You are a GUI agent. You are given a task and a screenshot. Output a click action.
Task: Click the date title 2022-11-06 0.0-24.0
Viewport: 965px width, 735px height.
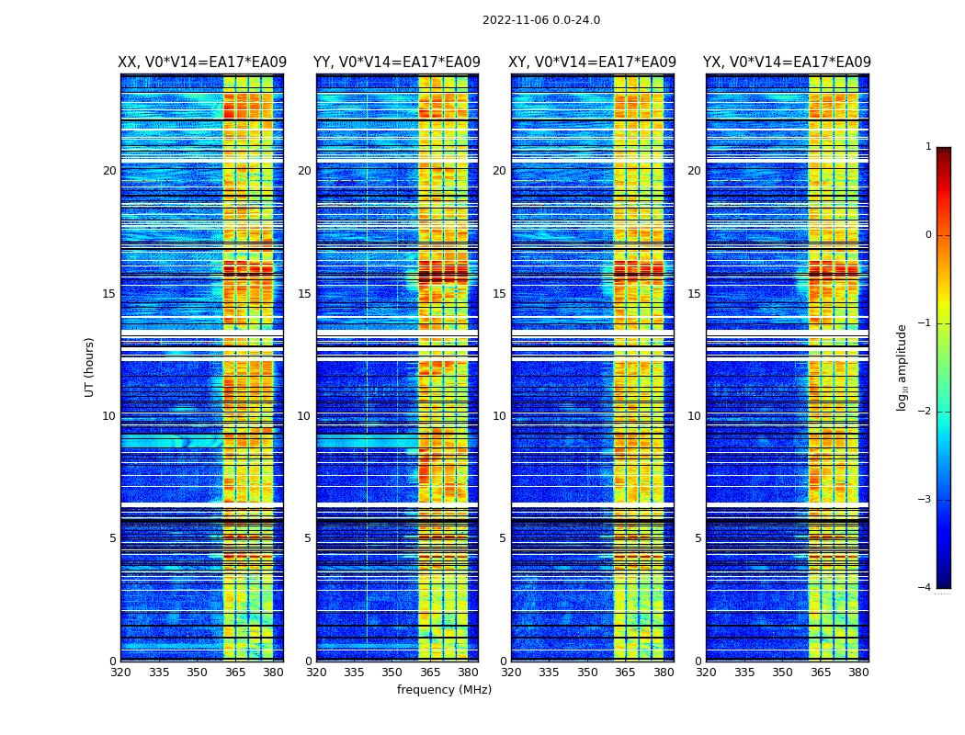pos(541,20)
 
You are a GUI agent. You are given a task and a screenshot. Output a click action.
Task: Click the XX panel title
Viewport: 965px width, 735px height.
pos(202,62)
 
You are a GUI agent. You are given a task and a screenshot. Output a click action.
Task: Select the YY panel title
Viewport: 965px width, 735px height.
pos(397,62)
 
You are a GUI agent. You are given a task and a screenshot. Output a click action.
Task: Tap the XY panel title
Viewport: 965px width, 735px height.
pos(592,62)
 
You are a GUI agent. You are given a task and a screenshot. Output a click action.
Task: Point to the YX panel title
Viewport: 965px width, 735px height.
pos(787,62)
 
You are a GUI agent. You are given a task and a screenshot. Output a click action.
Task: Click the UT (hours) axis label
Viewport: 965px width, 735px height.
pos(90,367)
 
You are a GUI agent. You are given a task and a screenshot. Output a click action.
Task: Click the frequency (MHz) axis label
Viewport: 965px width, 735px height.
pos(444,690)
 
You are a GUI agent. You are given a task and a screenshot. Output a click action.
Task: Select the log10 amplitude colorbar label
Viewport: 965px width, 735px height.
pos(903,367)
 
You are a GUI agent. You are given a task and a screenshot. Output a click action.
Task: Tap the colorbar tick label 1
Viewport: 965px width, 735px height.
pos(928,147)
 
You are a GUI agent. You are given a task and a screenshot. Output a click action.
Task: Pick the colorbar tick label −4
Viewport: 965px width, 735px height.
pos(925,588)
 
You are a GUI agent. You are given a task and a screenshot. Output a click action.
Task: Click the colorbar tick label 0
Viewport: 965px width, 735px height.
pos(928,235)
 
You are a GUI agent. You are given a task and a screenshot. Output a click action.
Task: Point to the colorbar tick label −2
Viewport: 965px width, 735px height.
pos(925,412)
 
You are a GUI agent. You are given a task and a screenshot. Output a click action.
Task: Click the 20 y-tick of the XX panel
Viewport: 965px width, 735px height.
pos(109,171)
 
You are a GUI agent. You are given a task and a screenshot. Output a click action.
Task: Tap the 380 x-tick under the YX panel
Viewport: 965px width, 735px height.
pos(858,673)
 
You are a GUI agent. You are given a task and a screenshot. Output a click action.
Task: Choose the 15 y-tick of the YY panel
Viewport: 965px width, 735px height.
pos(304,294)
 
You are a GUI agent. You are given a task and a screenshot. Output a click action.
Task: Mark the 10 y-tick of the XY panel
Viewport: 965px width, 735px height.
pos(499,416)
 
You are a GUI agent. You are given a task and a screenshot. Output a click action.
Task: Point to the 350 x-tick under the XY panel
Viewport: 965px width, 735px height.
pos(587,673)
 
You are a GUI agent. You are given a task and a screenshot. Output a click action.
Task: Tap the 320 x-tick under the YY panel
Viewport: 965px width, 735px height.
pos(316,673)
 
